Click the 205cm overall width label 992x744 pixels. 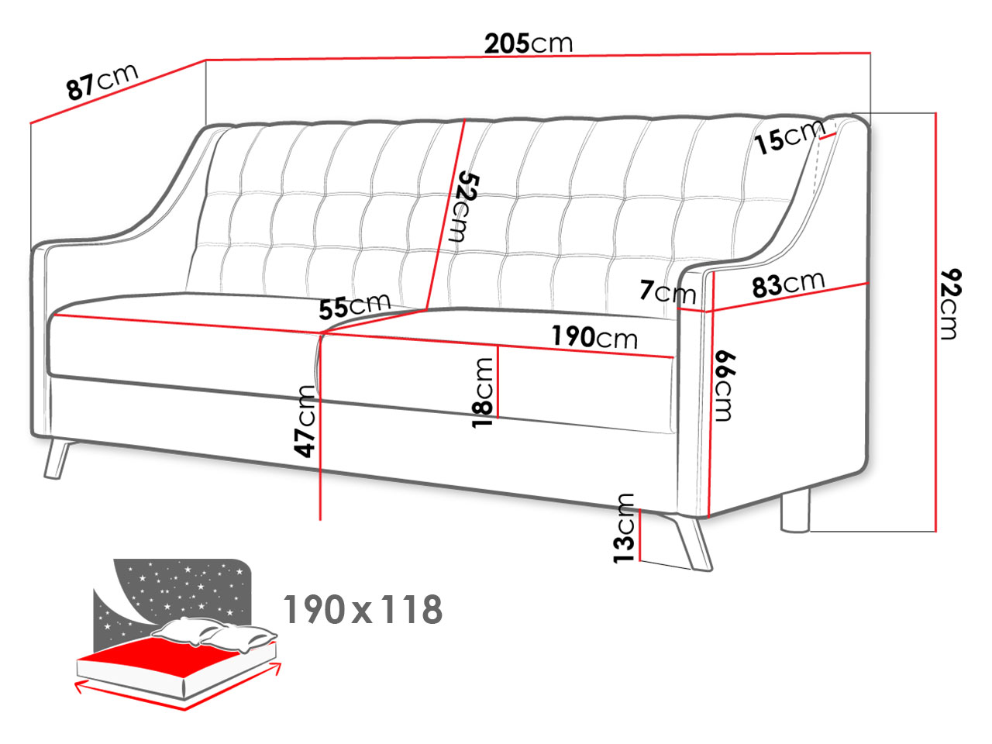[x=528, y=44]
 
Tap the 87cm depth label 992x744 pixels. [x=102, y=81]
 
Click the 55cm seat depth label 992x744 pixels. [x=355, y=306]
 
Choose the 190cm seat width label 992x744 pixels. [x=594, y=336]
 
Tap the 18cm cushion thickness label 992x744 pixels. [x=482, y=392]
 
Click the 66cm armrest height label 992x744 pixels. [x=725, y=386]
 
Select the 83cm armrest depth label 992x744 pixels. [x=788, y=284]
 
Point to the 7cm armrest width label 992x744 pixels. [x=667, y=292]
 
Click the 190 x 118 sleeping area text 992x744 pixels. [x=363, y=609]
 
